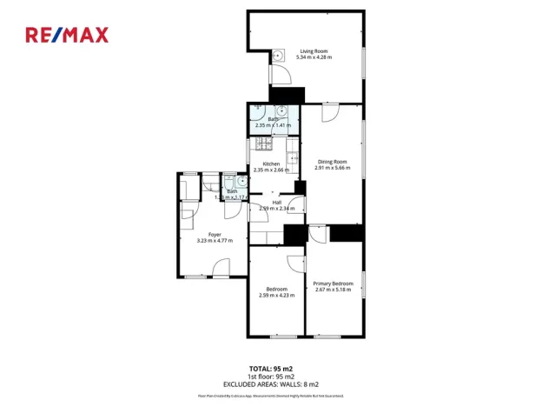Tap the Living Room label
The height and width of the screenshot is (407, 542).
tap(314, 50)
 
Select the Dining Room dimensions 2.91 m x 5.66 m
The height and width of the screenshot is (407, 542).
tap(332, 167)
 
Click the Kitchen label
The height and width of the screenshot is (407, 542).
tap(271, 163)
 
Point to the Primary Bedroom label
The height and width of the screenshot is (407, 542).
tap(334, 284)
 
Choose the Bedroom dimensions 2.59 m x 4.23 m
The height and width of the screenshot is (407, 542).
tap(276, 295)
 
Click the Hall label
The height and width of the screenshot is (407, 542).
tap(276, 203)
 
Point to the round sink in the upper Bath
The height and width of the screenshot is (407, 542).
tap(281, 111)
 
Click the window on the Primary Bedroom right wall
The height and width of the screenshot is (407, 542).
tap(364, 284)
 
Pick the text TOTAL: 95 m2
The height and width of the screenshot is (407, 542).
tap(271, 369)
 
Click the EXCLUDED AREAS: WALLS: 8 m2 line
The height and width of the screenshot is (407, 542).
tap(271, 384)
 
